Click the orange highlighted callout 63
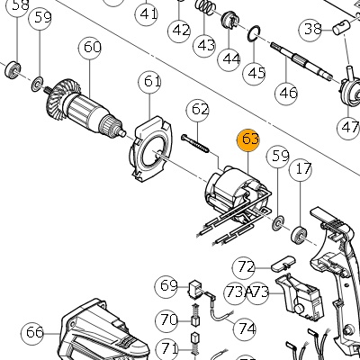click(248, 140)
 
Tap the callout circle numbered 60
click(90, 48)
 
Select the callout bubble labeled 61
click(149, 82)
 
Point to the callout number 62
click(198, 110)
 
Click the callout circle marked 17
click(301, 169)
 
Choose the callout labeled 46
click(287, 94)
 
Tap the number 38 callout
click(310, 30)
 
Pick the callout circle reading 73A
click(236, 292)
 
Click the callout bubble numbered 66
click(32, 333)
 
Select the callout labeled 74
click(245, 328)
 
